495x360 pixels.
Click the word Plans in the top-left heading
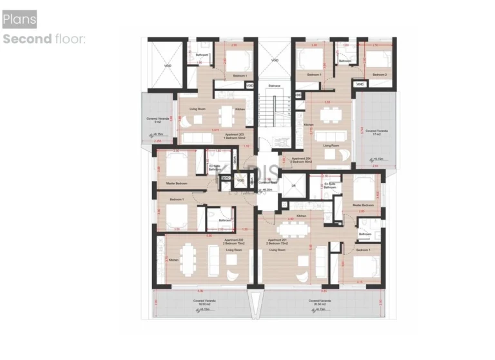(x=19, y=20)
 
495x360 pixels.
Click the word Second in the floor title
(x=27, y=39)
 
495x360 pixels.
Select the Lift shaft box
(x=293, y=187)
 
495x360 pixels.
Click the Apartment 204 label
(x=301, y=159)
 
